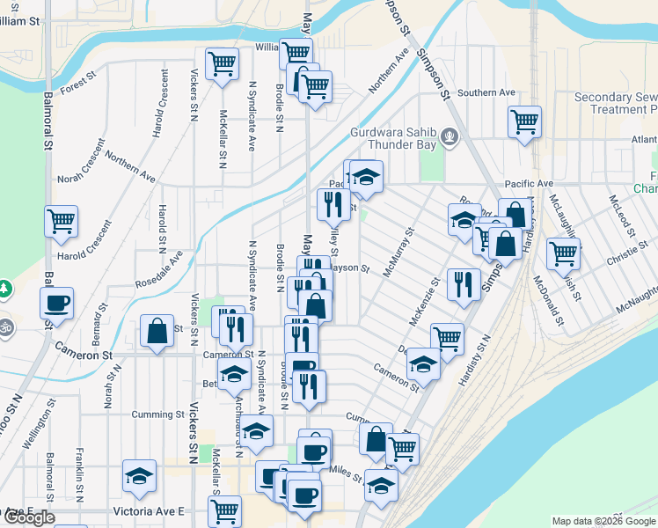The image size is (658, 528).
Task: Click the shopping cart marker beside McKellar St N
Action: [222, 63]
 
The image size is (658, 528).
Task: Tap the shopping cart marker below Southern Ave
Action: [525, 121]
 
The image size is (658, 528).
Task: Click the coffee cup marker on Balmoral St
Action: [57, 304]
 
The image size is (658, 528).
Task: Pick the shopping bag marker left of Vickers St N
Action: [157, 332]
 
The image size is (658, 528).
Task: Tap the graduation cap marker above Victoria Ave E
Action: [139, 475]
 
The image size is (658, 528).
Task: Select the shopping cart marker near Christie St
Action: [563, 253]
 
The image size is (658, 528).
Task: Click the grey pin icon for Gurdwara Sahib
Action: [450, 136]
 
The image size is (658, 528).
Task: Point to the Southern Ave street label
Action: [486, 92]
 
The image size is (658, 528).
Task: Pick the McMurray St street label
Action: [398, 253]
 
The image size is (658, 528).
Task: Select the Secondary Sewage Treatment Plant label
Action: [614, 103]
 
